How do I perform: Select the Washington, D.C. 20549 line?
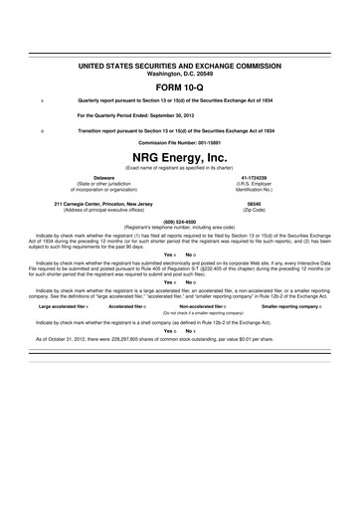[x=180, y=73]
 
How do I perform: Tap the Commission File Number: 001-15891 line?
[x=180, y=142]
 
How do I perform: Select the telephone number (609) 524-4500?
[x=180, y=222]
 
